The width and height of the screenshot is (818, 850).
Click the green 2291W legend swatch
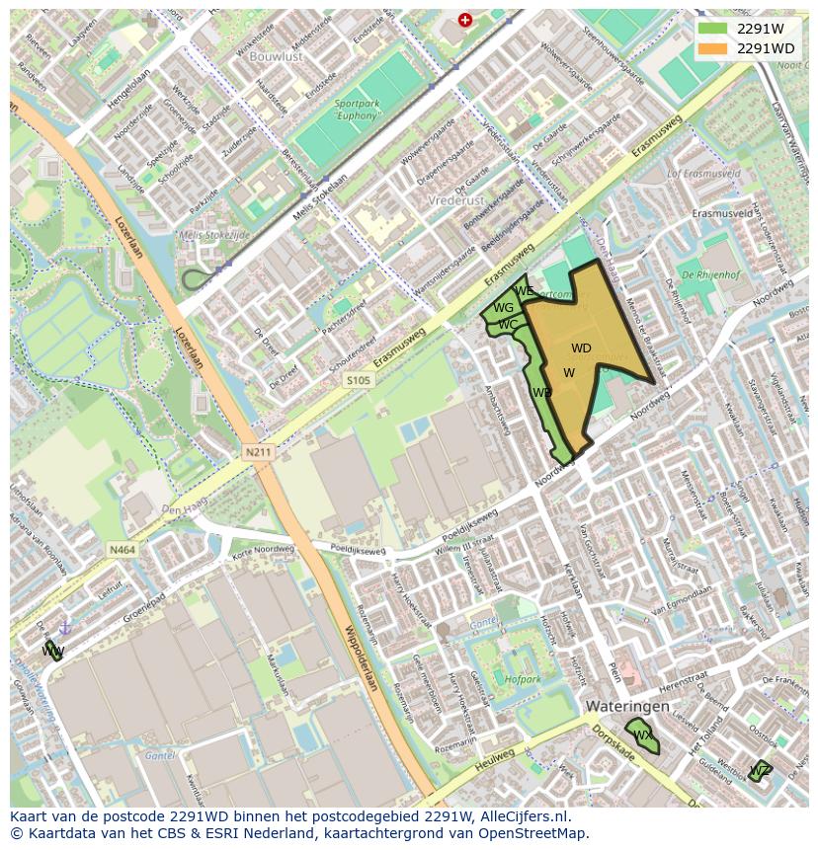(x=712, y=30)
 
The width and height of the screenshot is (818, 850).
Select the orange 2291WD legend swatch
(x=712, y=48)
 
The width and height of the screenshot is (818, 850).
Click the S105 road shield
(x=359, y=380)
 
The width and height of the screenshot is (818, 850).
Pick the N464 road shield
(x=122, y=550)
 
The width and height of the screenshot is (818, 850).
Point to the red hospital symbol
(x=465, y=20)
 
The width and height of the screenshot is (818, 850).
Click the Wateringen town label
(x=626, y=707)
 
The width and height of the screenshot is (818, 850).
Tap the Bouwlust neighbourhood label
(x=278, y=57)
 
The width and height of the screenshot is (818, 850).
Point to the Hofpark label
(x=523, y=679)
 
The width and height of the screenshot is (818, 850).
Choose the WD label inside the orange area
(x=581, y=348)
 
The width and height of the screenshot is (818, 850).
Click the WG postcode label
(x=503, y=308)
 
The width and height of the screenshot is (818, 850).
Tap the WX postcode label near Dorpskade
(x=643, y=735)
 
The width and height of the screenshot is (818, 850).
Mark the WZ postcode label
(x=759, y=770)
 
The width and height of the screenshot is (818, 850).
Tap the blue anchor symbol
(x=66, y=627)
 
